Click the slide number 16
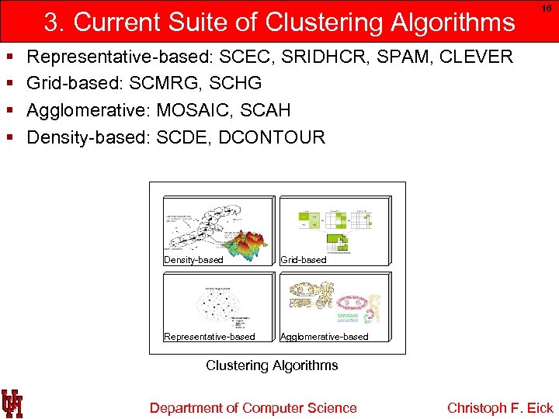point(547,8)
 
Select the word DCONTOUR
point(272,137)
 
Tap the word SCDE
point(183,137)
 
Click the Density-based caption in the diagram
point(193,260)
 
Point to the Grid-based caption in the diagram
point(304,260)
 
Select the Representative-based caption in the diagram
point(210,336)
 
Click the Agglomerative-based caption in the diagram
point(325,336)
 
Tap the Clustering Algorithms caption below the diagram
point(272,365)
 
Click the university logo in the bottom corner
point(12,403)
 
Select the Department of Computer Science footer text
point(253,408)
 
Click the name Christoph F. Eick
point(500,408)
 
